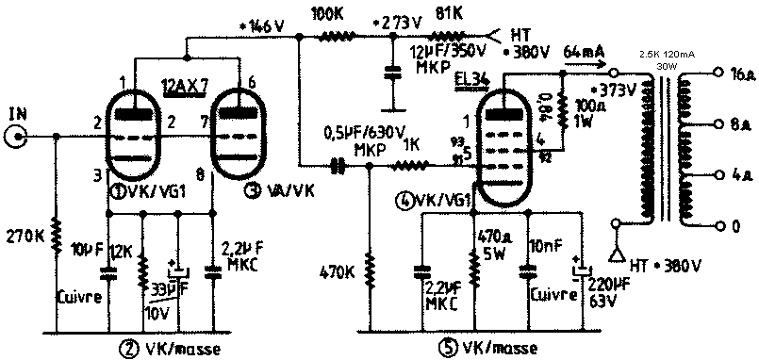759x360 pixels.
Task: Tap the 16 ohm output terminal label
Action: point(741,72)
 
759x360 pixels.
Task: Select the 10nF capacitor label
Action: point(544,246)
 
